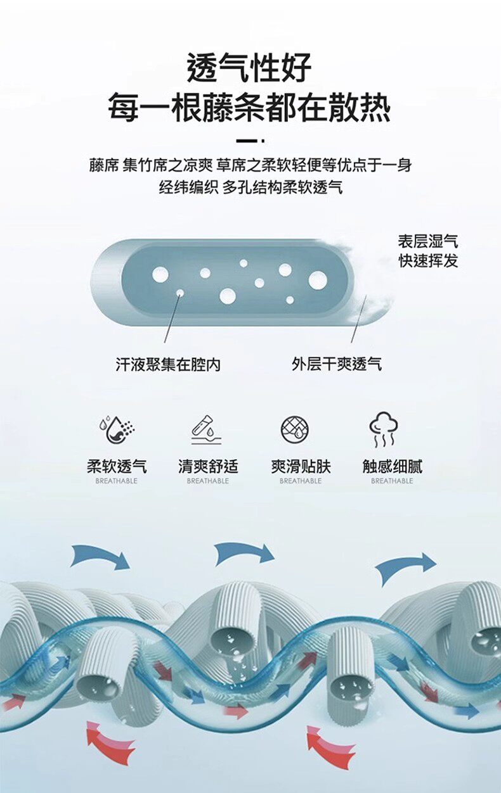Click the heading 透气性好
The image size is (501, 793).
250,68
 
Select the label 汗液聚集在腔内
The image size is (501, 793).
168,364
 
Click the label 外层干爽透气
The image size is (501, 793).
337,364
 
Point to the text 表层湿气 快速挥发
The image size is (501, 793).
428,251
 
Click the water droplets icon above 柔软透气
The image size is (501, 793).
117,429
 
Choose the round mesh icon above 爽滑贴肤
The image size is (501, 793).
296,429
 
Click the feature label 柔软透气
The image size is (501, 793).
117,467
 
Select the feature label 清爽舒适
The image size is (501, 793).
208,467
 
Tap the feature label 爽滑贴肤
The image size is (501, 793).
301,467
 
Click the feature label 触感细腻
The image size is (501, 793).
392,467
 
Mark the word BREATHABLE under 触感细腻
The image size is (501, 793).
392,481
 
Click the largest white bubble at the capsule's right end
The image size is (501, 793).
318,280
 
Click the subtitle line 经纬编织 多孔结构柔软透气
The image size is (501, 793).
250,187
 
